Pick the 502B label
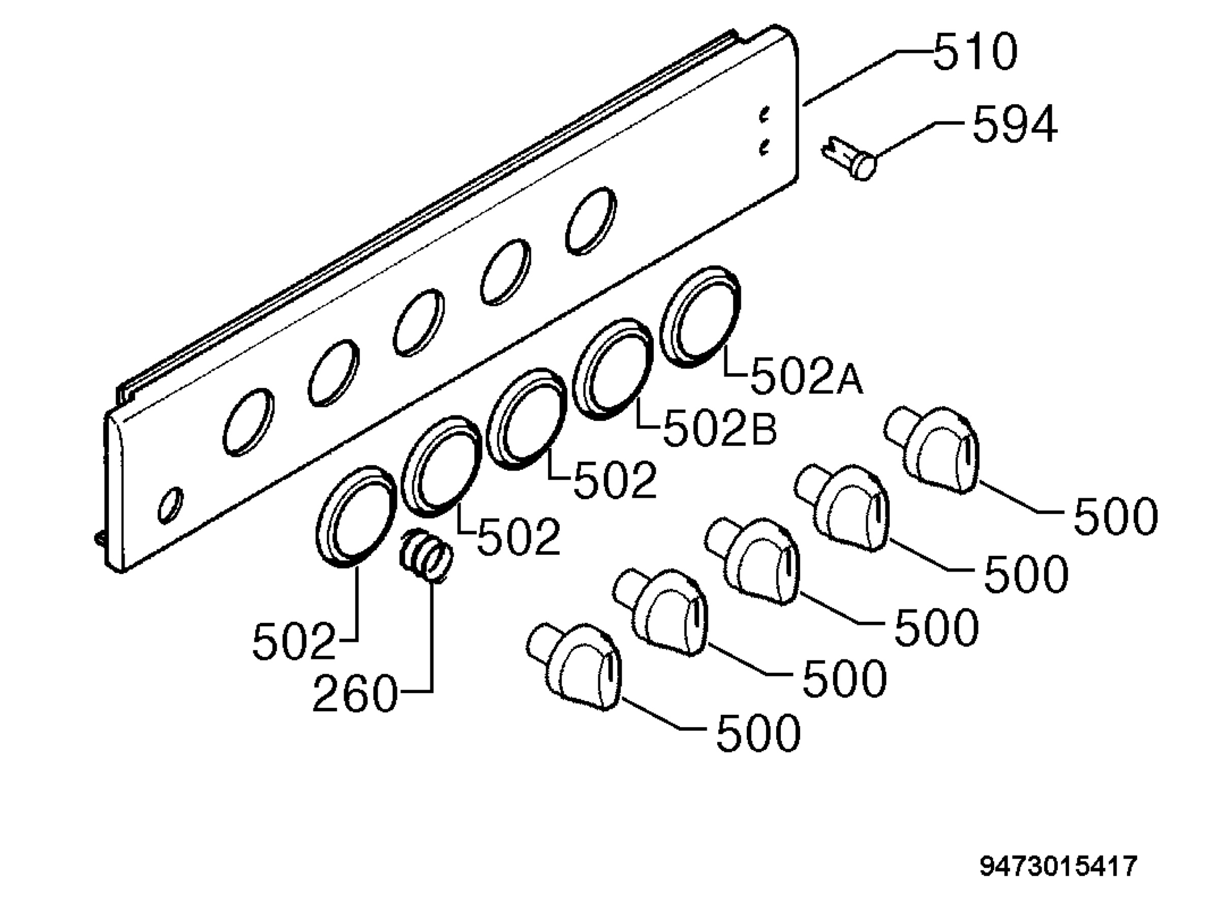click(720, 428)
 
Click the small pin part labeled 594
click(849, 158)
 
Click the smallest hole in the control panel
click(170, 505)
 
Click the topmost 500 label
click(1115, 516)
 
